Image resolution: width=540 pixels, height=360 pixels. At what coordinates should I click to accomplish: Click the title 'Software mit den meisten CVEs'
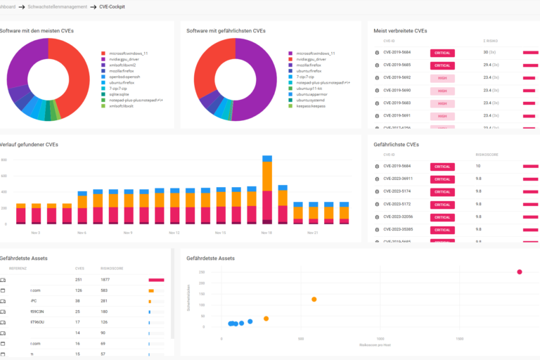[x=37, y=31]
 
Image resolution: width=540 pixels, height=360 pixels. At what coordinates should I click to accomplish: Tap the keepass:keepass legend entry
[x=309, y=105]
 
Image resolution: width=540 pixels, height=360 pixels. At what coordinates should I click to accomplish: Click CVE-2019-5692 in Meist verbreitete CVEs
[x=397, y=77]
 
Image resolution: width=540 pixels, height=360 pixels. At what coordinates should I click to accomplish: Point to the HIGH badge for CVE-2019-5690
[x=442, y=91]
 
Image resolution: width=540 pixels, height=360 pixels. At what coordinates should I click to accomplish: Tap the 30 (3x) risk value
[x=490, y=53]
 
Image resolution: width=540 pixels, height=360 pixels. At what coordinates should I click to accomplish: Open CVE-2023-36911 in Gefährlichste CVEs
[x=399, y=179]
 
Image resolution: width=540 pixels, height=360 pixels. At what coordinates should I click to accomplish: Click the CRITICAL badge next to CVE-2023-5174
[x=442, y=191]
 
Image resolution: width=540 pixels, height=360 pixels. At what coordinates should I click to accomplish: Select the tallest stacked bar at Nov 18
[x=267, y=190]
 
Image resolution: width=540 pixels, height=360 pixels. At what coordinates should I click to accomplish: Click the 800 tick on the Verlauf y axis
[x=4, y=160]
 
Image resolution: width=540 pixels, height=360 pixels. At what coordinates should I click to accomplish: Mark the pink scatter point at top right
[x=520, y=272]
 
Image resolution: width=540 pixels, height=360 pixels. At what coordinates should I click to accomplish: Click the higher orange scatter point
[x=314, y=300]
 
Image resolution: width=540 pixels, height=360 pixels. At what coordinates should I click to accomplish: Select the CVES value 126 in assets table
[x=79, y=290]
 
